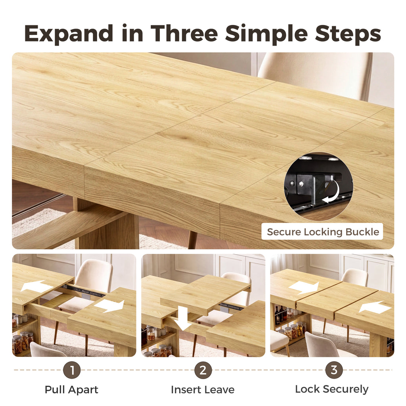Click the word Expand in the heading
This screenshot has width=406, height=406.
(69, 34)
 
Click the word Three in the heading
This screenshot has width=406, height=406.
(184, 33)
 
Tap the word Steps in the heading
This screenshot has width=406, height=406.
(348, 34)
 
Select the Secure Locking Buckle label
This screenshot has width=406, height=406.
(323, 232)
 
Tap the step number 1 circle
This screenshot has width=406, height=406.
(72, 370)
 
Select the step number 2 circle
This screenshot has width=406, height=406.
(203, 370)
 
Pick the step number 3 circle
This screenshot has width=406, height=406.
(334, 370)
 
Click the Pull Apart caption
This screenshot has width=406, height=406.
(71, 390)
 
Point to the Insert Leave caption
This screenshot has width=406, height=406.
(203, 390)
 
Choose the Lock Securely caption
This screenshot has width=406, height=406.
(332, 389)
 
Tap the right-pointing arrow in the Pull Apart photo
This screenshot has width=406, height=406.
(109, 306)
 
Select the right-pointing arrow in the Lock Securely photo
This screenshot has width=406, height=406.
(303, 288)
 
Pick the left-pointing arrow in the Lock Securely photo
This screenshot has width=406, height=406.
(375, 308)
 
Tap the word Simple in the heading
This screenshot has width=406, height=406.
(266, 34)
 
